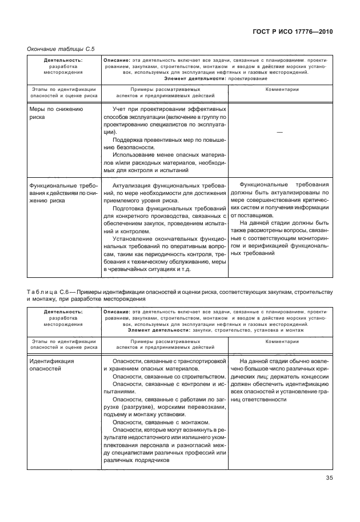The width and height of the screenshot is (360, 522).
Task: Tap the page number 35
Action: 328,479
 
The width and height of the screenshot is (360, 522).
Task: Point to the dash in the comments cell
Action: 279,132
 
